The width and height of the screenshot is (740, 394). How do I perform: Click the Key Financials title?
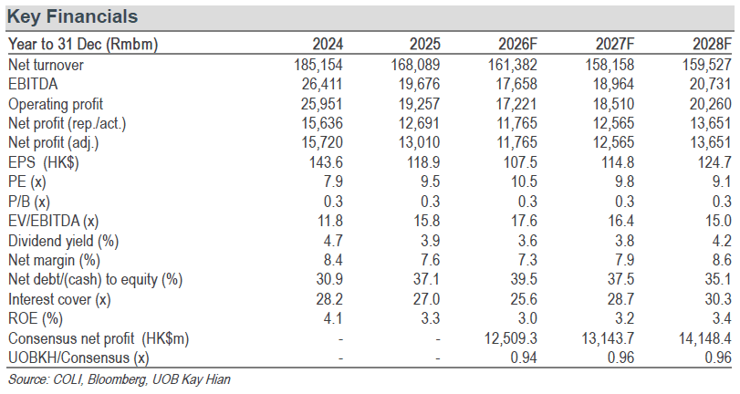point(72,16)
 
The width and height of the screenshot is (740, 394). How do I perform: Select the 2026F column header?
point(517,45)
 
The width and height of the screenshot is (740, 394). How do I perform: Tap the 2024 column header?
point(328,45)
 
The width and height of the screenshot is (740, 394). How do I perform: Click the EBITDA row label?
point(33,84)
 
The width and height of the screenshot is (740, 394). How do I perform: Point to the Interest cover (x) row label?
point(59,299)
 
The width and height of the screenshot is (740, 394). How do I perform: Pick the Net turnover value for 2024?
point(318,65)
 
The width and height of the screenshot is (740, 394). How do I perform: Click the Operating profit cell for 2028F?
point(710,104)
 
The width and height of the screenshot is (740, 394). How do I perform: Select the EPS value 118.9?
point(423,162)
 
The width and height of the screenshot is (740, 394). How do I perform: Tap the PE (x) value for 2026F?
point(525,181)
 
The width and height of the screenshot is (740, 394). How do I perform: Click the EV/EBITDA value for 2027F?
point(621,221)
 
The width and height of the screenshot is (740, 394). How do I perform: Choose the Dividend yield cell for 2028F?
point(722,241)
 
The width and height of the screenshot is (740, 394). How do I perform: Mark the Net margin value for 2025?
point(430,260)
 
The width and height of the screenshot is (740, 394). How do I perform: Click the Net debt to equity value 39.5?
point(524,279)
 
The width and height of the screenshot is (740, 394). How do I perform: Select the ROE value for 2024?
point(333,318)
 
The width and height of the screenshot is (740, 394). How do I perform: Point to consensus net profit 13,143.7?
point(608,338)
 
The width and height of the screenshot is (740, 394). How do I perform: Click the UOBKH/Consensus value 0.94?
point(524,358)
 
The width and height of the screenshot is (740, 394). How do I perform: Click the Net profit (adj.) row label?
point(53,142)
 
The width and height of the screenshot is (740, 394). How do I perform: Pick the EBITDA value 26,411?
point(322,84)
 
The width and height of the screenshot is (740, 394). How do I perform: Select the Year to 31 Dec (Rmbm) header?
point(83,45)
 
